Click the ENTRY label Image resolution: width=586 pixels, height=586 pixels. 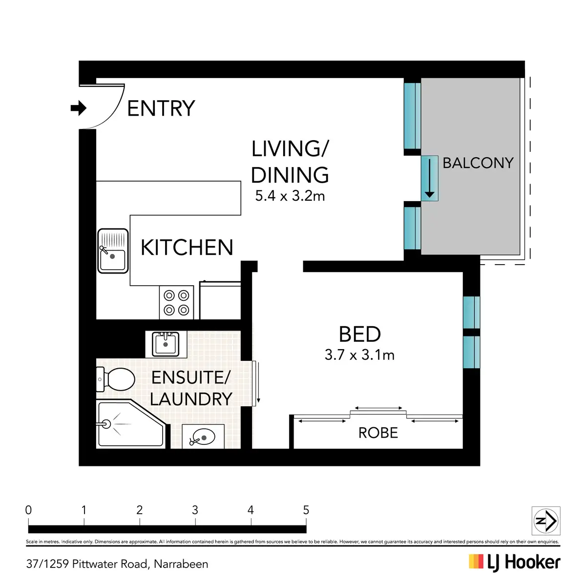click(x=161, y=108)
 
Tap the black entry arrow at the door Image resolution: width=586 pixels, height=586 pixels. click(x=79, y=108)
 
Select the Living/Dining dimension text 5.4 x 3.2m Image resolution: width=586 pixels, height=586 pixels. click(x=290, y=196)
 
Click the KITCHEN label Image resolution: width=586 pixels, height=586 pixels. click(x=187, y=247)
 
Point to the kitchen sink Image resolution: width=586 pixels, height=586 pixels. click(x=113, y=251)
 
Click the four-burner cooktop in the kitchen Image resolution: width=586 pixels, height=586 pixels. click(x=176, y=303)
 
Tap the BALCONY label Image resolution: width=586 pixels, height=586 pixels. click(x=478, y=163)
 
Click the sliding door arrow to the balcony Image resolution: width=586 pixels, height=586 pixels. click(x=429, y=178)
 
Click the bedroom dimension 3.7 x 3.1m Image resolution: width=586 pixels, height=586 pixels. click(x=359, y=355)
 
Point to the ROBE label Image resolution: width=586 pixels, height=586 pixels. click(x=378, y=433)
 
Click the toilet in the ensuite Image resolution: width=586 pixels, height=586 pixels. click(x=116, y=379)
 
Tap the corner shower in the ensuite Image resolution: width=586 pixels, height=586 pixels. click(x=131, y=424)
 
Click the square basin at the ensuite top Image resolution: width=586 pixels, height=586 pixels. click(x=166, y=344)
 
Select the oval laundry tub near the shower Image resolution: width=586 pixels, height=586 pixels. click(x=203, y=437)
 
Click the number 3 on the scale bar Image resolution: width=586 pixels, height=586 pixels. click(x=195, y=510)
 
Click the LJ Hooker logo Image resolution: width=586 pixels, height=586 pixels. click(x=515, y=563)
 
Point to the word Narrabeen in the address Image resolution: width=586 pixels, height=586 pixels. click(x=181, y=564)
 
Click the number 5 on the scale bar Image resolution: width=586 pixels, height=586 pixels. click(x=306, y=510)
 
